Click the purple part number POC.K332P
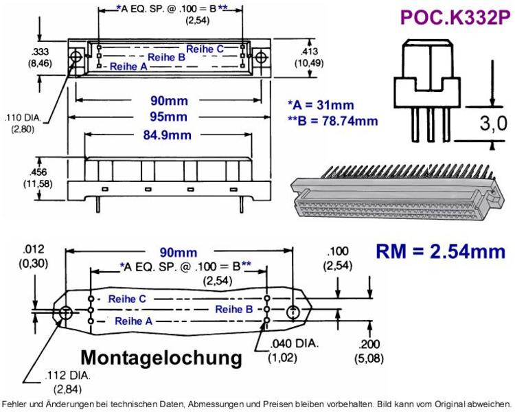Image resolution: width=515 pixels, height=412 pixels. pyautogui.click(x=455, y=17)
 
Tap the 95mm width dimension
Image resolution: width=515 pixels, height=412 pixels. pyautogui.click(x=168, y=117)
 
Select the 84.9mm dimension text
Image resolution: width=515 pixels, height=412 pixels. pyautogui.click(x=167, y=135)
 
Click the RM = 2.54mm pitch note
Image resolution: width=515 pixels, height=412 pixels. pyautogui.click(x=440, y=251)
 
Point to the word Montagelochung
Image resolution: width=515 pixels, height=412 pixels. pyautogui.click(x=161, y=358)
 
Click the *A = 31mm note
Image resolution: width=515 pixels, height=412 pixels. pyautogui.click(x=321, y=105)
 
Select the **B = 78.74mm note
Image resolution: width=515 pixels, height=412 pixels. pyautogui.click(x=332, y=121)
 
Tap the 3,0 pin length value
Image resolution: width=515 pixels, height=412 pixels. pyautogui.click(x=493, y=124)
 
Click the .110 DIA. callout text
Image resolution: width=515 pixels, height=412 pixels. pyautogui.click(x=23, y=117)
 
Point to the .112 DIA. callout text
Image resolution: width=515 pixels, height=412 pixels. pyautogui.click(x=67, y=375)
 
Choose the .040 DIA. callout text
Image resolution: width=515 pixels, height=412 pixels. pyautogui.click(x=295, y=343)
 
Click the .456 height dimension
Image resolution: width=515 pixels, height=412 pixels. pyautogui.click(x=38, y=172)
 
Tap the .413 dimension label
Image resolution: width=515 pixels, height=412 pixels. pyautogui.click(x=309, y=51)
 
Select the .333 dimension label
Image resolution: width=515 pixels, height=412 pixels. pyautogui.click(x=39, y=51)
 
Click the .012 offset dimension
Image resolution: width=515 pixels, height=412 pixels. pyautogui.click(x=34, y=249)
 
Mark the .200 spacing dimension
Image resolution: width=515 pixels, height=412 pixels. pyautogui.click(x=369, y=344)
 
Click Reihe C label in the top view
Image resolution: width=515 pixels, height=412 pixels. pyautogui.click(x=205, y=49)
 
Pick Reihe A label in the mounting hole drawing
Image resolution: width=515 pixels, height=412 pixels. pyautogui.click(x=134, y=321)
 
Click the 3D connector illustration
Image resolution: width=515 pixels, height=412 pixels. pyautogui.click(x=398, y=192)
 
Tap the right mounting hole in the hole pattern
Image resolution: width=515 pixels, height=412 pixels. pyautogui.click(x=293, y=312)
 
